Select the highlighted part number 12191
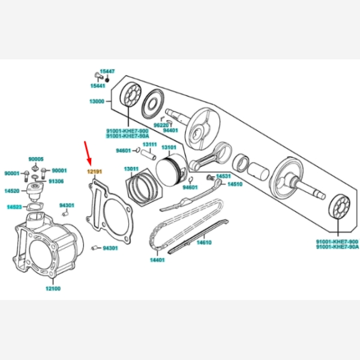tap(95, 172)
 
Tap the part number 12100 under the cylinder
tap(53, 288)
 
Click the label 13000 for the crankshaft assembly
tap(97, 101)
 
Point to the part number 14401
tap(157, 260)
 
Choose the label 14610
tap(205, 242)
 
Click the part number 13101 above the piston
tap(169, 147)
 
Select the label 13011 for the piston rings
tap(131, 169)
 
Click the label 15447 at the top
tap(107, 71)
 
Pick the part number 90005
tap(36, 159)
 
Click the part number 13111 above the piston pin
tap(149, 144)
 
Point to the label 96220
tap(160, 125)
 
